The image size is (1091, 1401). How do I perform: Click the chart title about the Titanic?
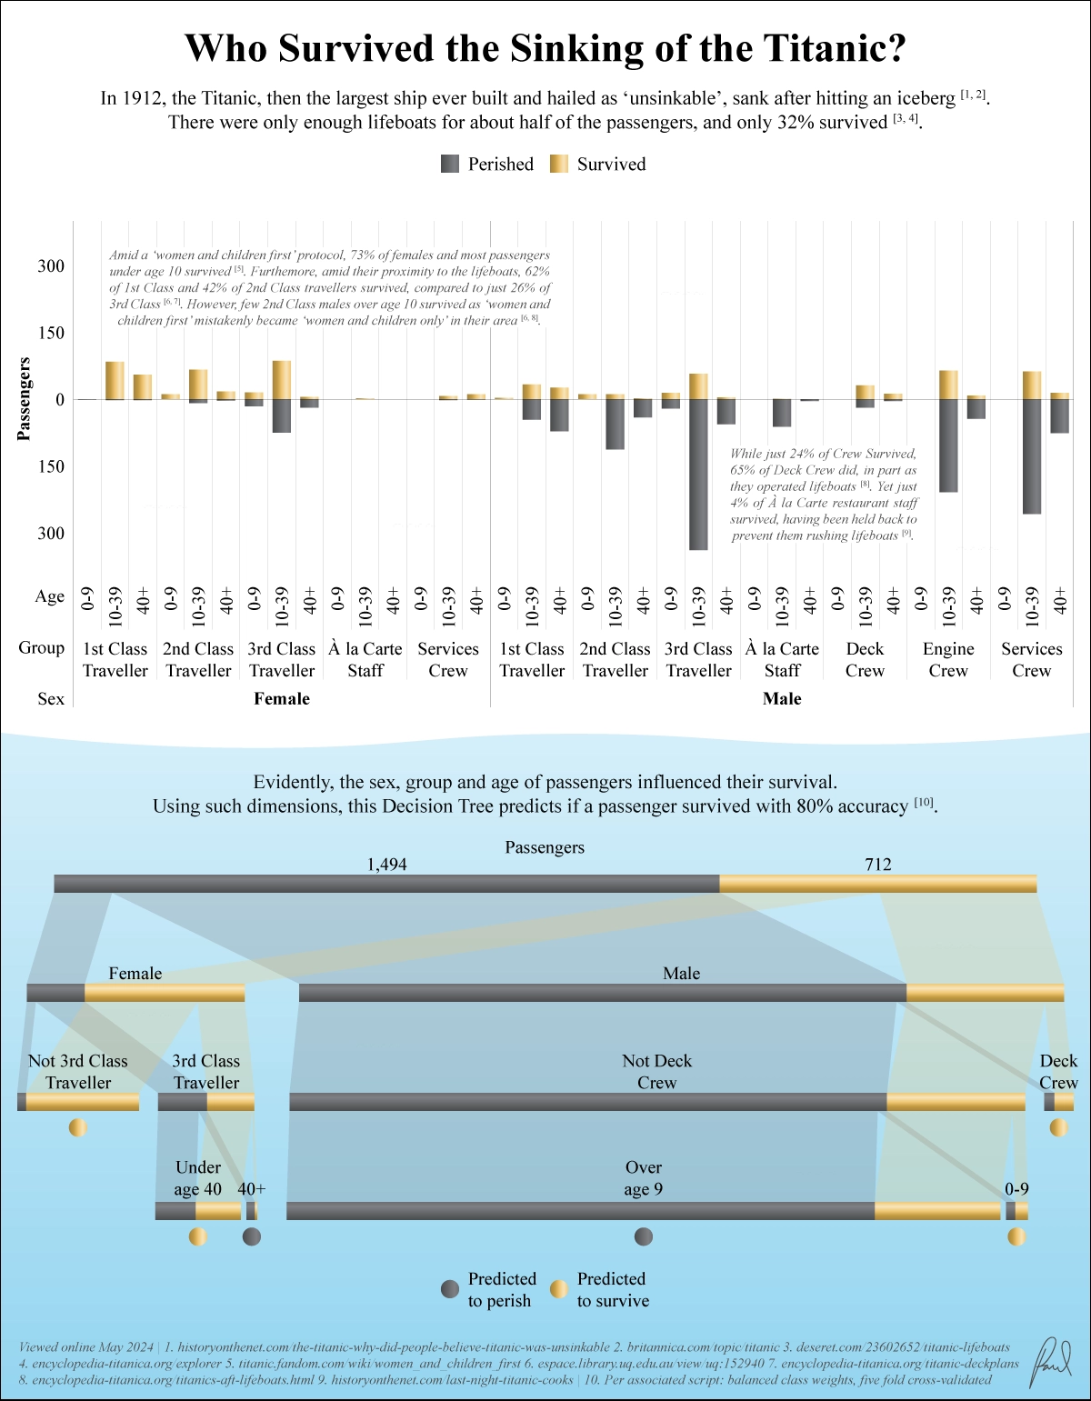[x=545, y=48]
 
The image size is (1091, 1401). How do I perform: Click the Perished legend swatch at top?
[x=450, y=164]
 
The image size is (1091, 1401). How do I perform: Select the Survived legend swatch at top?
[x=559, y=164]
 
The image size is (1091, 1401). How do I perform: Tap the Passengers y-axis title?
[x=25, y=399]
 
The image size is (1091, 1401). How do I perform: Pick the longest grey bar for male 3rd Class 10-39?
[x=698, y=475]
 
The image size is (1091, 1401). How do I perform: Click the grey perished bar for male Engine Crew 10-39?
[x=948, y=445]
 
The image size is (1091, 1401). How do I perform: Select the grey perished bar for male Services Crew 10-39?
[x=1031, y=456]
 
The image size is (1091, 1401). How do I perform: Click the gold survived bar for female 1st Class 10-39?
[x=115, y=380]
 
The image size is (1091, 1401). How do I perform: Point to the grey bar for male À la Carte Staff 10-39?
[x=782, y=413]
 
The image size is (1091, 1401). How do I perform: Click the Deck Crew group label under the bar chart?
[x=865, y=659]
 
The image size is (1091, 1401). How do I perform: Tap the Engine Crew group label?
[x=948, y=659]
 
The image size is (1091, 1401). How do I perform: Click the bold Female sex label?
[x=282, y=698]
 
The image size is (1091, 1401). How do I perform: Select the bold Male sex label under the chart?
[x=782, y=698]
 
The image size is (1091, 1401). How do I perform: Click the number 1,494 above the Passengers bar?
[x=387, y=864]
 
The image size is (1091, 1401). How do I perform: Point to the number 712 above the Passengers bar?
[x=878, y=864]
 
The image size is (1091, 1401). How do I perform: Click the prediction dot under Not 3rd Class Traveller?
[x=78, y=1127]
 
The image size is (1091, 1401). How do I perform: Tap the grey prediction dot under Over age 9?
[x=644, y=1236]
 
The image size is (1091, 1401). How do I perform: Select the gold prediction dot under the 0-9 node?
[x=1016, y=1236]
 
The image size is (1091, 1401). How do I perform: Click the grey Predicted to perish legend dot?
[x=450, y=1289]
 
